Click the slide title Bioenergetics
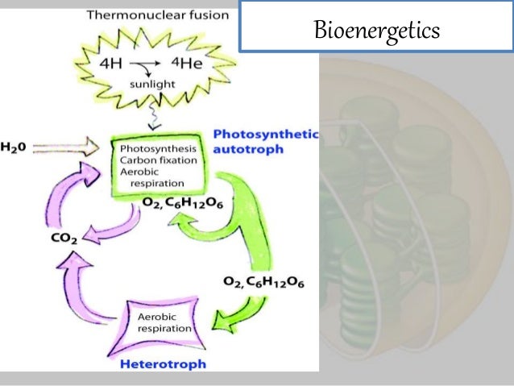[376, 31]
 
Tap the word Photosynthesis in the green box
[159, 150]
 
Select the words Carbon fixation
[159, 161]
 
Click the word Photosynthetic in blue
[267, 135]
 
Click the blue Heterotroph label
[163, 363]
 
